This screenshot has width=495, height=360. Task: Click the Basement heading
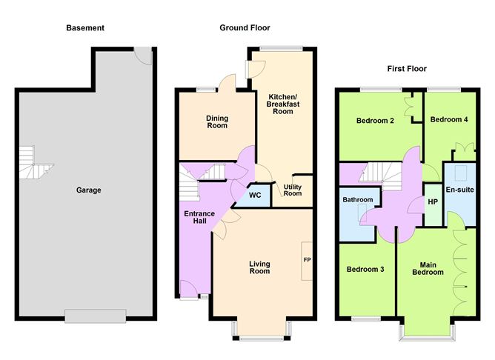[x=85, y=28]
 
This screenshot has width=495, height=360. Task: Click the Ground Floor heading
[x=245, y=28]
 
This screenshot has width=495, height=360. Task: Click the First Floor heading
[x=407, y=69]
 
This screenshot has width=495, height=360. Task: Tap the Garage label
[x=88, y=190]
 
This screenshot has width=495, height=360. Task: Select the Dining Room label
[x=216, y=121]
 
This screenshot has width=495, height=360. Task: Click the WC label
[x=255, y=196]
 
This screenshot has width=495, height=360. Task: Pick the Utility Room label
[x=293, y=190]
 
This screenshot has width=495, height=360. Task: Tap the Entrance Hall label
[x=199, y=219]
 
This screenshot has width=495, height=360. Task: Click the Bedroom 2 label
[x=374, y=121]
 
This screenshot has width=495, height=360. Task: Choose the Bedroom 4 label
[x=449, y=120]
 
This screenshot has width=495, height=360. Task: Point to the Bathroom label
[x=357, y=200]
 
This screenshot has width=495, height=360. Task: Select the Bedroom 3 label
[x=365, y=269]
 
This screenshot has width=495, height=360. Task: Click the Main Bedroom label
[x=428, y=267]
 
